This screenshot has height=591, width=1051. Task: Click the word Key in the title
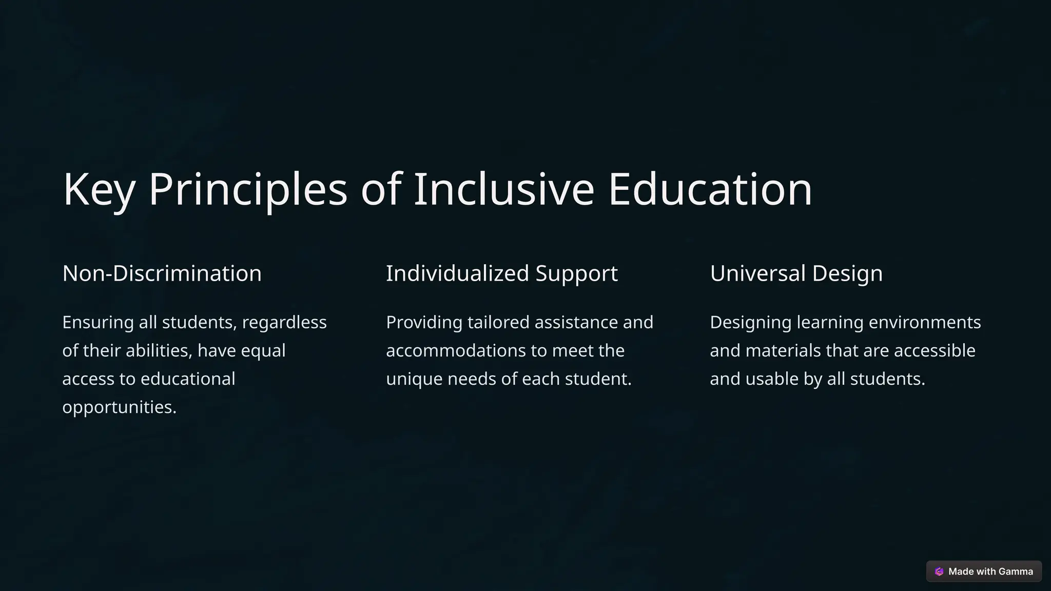pyautogui.click(x=99, y=190)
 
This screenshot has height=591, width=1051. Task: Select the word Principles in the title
pyautogui.click(x=248, y=190)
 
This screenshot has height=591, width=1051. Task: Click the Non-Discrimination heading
pyautogui.click(x=162, y=273)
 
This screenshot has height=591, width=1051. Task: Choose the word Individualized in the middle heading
pyautogui.click(x=457, y=273)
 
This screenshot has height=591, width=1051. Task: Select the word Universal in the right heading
pyautogui.click(x=757, y=273)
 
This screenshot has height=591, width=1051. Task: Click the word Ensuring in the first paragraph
pyautogui.click(x=98, y=323)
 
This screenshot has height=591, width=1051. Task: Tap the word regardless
pyautogui.click(x=284, y=323)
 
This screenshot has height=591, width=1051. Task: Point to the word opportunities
pyautogui.click(x=119, y=407)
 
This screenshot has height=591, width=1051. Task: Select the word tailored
pyautogui.click(x=498, y=323)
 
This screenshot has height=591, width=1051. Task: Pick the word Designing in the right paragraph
pyautogui.click(x=751, y=323)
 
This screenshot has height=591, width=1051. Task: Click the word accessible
pyautogui.click(x=935, y=351)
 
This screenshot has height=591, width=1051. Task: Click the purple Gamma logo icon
pyautogui.click(x=939, y=572)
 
